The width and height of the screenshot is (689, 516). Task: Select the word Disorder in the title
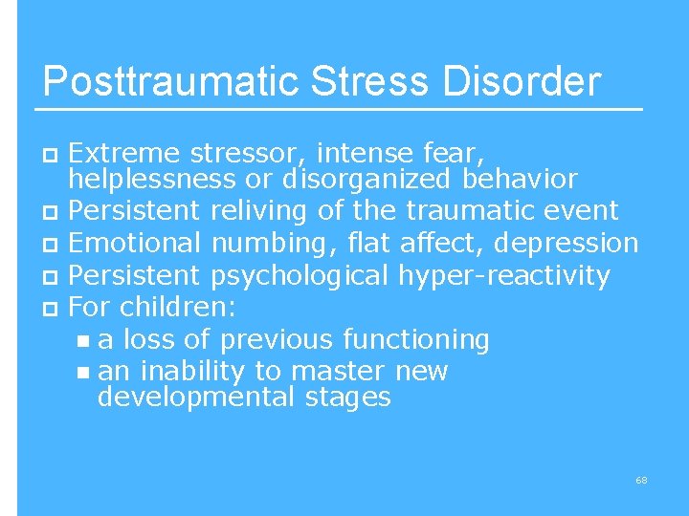click(x=522, y=82)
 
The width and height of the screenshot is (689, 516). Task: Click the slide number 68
click(x=641, y=479)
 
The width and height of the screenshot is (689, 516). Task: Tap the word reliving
click(x=257, y=209)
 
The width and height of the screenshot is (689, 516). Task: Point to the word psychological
click(x=299, y=276)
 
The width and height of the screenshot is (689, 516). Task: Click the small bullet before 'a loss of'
click(x=83, y=340)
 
